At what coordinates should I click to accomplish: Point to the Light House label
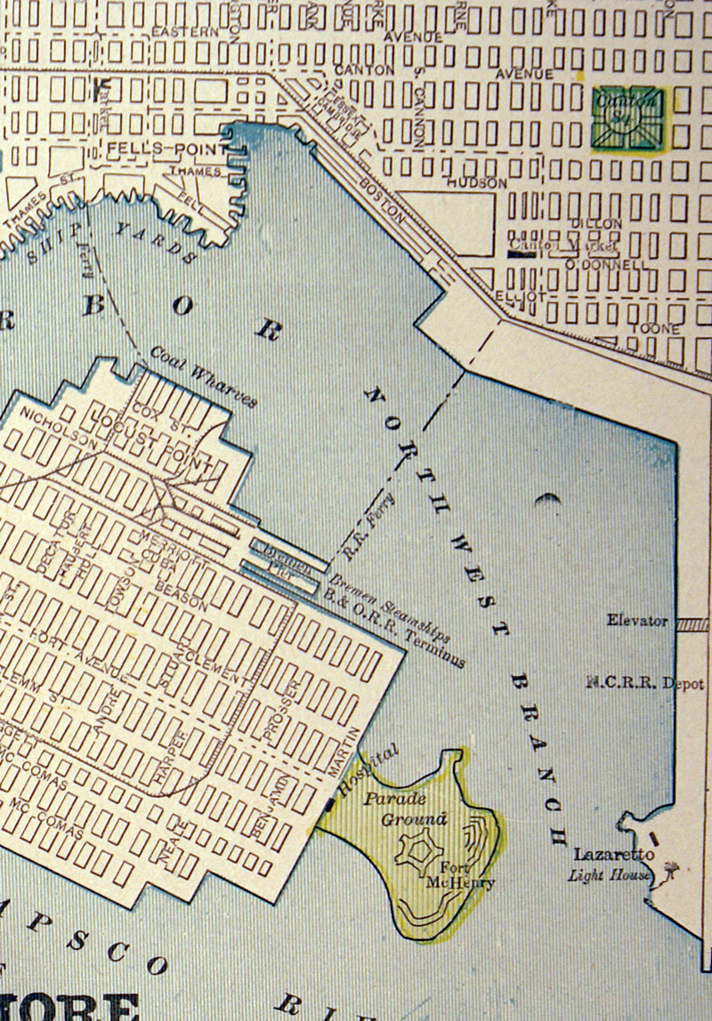coord(610,875)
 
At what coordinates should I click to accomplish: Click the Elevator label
coord(637,620)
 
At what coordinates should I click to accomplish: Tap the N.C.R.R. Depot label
coord(645,684)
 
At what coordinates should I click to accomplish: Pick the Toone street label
coord(655,329)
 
